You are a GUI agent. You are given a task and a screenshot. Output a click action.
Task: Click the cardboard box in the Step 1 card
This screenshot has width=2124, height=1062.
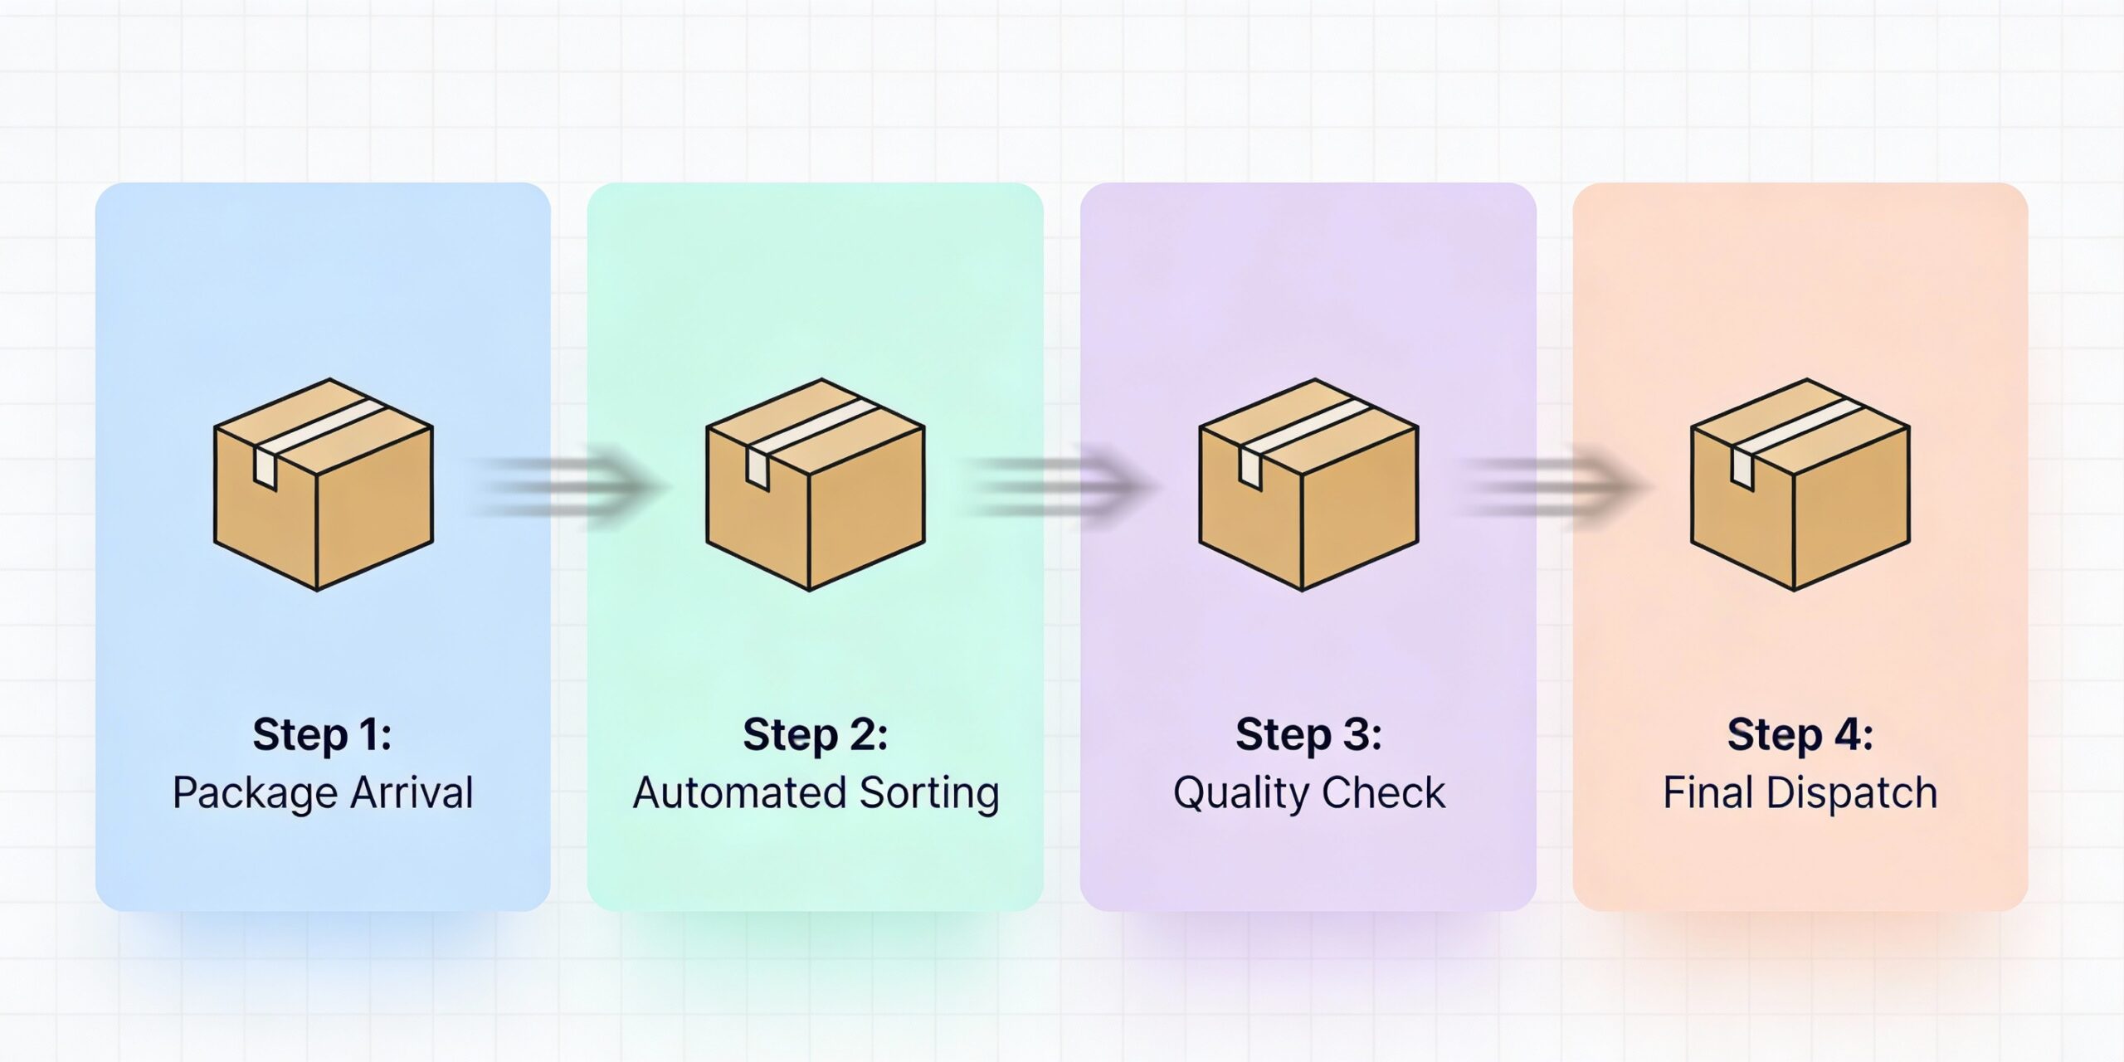pos(324,485)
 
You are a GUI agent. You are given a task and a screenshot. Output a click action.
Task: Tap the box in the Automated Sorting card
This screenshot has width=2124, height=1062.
pos(816,485)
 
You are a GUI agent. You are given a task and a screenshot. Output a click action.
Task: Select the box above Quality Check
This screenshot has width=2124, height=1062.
pos(1308,485)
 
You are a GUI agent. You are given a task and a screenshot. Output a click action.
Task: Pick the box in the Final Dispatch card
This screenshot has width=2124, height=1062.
pos(1800,485)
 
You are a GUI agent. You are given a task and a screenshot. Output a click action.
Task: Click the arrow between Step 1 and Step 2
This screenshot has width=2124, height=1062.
pos(568,486)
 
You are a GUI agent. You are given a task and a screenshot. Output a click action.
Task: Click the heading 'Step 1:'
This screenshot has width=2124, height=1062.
pos(322,735)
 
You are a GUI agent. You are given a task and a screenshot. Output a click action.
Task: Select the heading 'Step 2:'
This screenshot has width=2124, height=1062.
pos(815,735)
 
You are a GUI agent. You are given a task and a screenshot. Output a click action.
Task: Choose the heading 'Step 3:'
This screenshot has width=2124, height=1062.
pos(1308,735)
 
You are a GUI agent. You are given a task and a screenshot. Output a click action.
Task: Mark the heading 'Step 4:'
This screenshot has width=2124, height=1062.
pos(1800,735)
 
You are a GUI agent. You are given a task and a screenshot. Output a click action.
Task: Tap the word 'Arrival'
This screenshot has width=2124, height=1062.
pos(412,792)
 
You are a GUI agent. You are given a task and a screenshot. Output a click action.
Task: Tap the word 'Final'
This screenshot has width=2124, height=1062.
pos(1708,792)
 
